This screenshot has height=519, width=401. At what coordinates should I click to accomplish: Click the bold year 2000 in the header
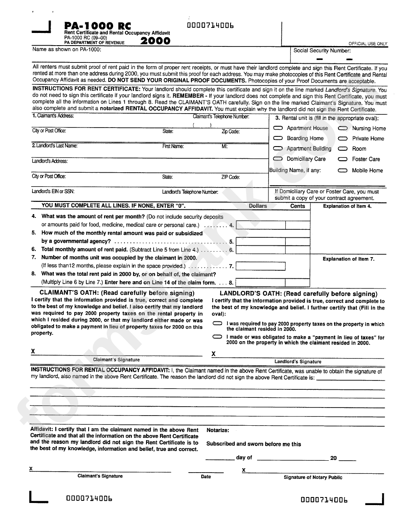click(x=155, y=41)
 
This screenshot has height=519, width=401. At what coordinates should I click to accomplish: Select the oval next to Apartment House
click(x=278, y=128)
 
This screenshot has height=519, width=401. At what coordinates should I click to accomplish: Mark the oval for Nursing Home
click(x=343, y=128)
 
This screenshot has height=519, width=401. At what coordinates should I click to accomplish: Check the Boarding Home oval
click(x=278, y=139)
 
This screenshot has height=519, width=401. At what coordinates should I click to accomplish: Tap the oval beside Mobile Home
click(x=343, y=171)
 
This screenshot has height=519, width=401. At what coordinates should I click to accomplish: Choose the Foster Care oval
click(x=343, y=160)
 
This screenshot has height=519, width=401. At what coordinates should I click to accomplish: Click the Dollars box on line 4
click(x=260, y=226)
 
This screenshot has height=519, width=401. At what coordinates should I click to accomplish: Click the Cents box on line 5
click(x=298, y=242)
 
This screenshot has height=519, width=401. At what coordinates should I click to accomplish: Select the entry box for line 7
click(x=260, y=266)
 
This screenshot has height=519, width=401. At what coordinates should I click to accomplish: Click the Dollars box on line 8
click(x=260, y=283)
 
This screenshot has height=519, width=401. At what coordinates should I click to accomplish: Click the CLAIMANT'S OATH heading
click(x=117, y=293)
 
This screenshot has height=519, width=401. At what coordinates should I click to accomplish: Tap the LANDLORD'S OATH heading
click(x=298, y=294)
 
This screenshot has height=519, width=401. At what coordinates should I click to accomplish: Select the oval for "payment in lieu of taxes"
click(x=218, y=337)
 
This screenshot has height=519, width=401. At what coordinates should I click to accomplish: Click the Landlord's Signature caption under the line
click(x=298, y=361)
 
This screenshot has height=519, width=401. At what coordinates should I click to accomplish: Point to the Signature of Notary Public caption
click(x=313, y=478)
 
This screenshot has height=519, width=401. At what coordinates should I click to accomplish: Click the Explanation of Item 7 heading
click(x=348, y=259)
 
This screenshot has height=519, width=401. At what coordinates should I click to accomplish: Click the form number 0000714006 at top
click(x=210, y=26)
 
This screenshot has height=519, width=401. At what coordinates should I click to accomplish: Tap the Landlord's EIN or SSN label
click(x=53, y=191)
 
